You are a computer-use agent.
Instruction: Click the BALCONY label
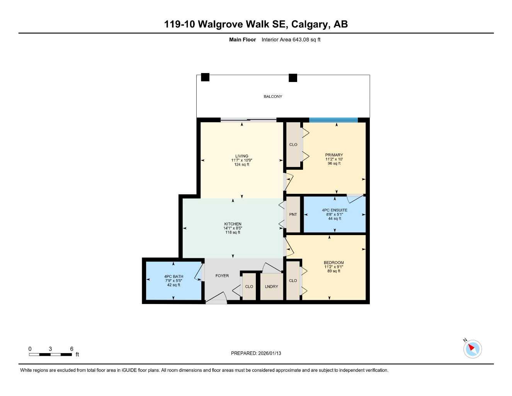[x=273, y=96]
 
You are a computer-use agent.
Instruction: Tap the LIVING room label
[x=242, y=156]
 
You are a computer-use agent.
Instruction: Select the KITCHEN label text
[x=233, y=224]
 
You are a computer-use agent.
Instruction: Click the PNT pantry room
[x=293, y=215]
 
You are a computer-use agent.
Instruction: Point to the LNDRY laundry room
[x=272, y=287]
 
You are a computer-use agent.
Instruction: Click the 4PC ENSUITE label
[x=335, y=210]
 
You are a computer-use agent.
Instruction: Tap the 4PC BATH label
[x=174, y=277]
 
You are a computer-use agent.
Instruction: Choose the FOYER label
[x=222, y=276]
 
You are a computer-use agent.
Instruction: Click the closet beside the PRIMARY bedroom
[x=293, y=145]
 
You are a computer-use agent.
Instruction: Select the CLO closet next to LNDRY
[x=249, y=287]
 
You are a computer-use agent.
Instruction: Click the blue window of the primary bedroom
[x=333, y=120]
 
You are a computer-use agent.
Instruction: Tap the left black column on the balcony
[x=205, y=77]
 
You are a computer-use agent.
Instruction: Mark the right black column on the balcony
[x=293, y=78]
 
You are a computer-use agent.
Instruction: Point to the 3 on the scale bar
[x=50, y=349]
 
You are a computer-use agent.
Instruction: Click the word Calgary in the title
[x=309, y=24]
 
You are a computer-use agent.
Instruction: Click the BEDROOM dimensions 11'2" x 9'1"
[x=334, y=267]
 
